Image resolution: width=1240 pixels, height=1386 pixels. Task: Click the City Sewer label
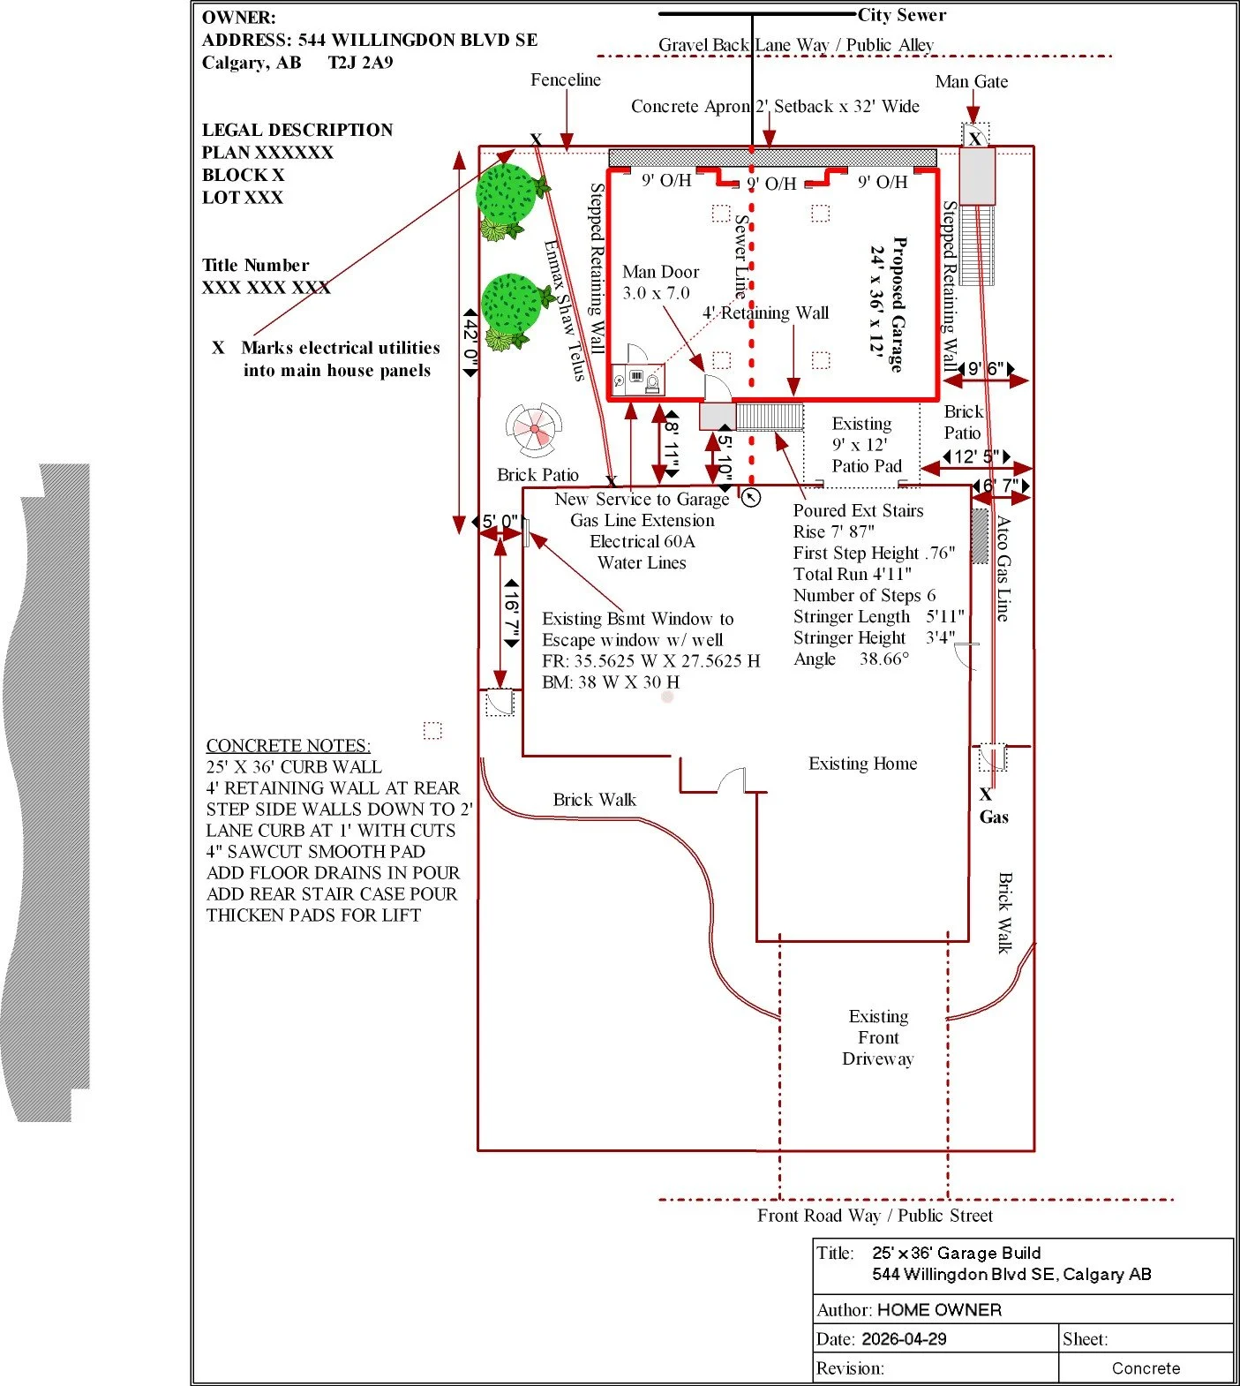[x=901, y=15]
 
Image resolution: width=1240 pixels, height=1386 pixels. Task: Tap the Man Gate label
[x=972, y=81]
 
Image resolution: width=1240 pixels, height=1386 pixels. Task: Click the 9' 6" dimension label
[x=986, y=368]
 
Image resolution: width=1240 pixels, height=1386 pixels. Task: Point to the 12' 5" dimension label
[x=976, y=456]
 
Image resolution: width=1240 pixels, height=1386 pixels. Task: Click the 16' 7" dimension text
[x=511, y=614]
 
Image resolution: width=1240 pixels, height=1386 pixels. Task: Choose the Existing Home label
[x=862, y=764]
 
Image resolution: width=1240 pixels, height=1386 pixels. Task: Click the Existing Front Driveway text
[x=878, y=1037]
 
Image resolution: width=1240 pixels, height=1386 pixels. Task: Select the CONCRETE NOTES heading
[x=289, y=745]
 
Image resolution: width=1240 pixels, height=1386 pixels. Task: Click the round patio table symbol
[x=533, y=430]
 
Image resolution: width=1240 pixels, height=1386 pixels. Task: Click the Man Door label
[x=660, y=272]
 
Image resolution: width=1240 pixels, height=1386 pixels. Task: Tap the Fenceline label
[x=566, y=79]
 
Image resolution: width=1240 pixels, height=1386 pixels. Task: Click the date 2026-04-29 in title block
[x=904, y=1339]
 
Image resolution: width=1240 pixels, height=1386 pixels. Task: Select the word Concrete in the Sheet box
[x=1146, y=1368]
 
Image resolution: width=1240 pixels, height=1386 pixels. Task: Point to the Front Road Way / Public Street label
[x=875, y=1216]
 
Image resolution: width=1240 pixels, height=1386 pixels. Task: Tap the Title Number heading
[x=255, y=265]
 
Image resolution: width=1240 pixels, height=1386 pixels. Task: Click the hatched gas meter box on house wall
[x=980, y=536]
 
